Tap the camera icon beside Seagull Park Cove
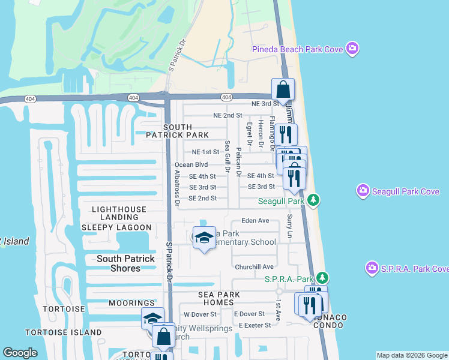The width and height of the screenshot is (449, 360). pos(363,191)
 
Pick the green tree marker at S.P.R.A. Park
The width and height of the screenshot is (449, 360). pos(322,278)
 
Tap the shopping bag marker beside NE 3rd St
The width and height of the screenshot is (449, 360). pos(283,90)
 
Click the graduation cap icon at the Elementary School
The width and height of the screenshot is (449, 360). pos(204,238)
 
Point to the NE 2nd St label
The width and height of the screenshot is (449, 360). pos(228,115)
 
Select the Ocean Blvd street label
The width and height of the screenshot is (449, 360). pos(191,164)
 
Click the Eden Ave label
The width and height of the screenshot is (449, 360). pos(255,221)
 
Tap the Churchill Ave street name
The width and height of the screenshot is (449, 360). pos(255,267)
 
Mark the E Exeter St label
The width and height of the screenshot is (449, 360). pos(256,325)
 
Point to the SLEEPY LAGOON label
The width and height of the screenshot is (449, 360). pos(116,227)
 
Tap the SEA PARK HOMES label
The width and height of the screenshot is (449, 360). pos(220,298)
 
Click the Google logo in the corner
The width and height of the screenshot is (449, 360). pos(20,353)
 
